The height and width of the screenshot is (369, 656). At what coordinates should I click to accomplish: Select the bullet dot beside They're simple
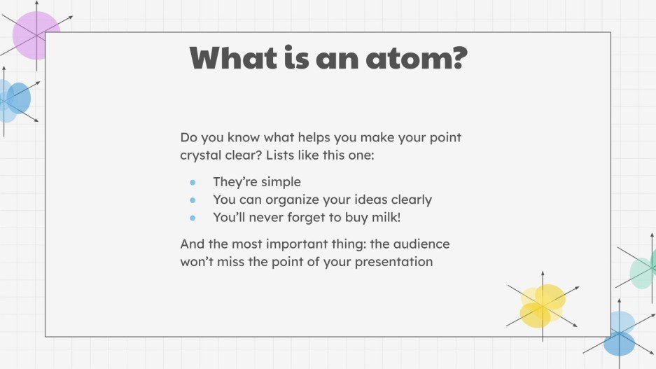tap(193, 182)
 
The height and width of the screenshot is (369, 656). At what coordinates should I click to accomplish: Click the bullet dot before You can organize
tap(193, 200)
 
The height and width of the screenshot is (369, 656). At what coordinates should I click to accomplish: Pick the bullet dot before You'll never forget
tap(193, 218)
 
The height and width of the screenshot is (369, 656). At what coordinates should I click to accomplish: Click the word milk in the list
tap(384, 218)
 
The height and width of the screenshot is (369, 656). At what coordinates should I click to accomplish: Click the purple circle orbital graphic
tap(36, 35)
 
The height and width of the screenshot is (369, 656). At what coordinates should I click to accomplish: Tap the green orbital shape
tap(642, 272)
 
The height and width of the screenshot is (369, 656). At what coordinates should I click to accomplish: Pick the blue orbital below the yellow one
tap(620, 333)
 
